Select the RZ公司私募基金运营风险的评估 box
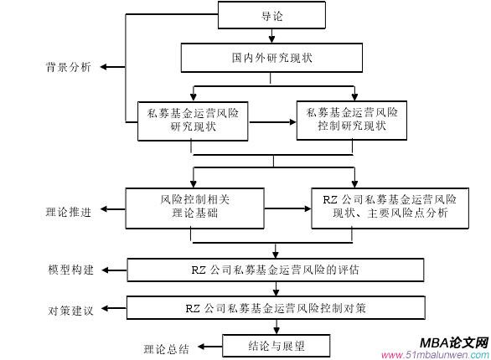(x=276, y=270)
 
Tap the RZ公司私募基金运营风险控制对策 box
(x=276, y=307)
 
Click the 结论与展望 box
(x=277, y=344)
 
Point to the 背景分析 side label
(x=68, y=67)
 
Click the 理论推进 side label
(x=68, y=211)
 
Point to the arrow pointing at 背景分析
(x=109, y=67)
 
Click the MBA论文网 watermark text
(x=454, y=342)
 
